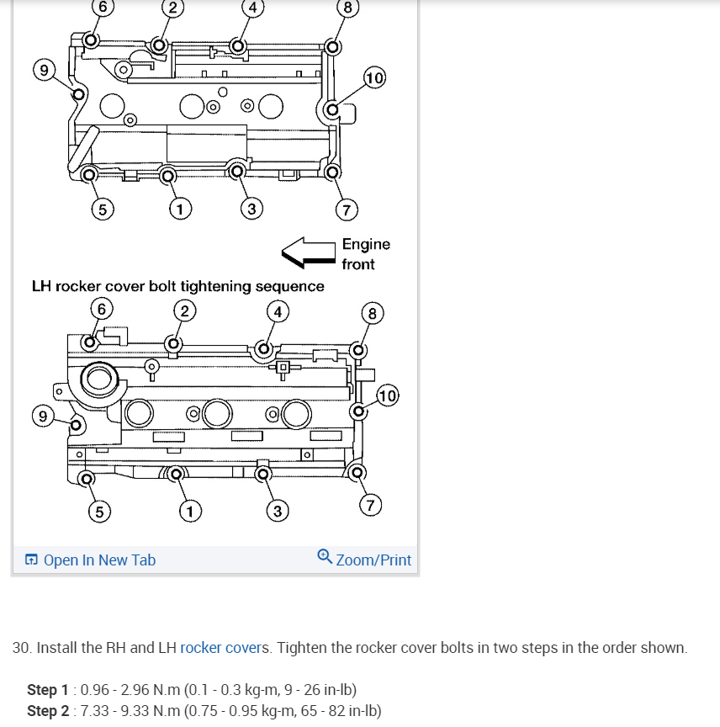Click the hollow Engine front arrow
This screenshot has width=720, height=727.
pyautogui.click(x=308, y=252)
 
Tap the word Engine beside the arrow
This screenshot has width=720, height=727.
pyautogui.click(x=366, y=244)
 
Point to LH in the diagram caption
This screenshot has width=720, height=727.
pyautogui.click(x=42, y=286)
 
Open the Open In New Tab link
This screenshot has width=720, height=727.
pyautogui.click(x=99, y=560)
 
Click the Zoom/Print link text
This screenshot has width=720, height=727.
pyautogui.click(x=373, y=560)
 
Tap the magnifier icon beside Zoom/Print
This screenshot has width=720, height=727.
pyautogui.click(x=325, y=557)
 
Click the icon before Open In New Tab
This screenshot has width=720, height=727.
pyautogui.click(x=31, y=560)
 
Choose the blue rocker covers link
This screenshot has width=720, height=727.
pyautogui.click(x=225, y=648)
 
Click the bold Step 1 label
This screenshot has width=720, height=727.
pyautogui.click(x=47, y=690)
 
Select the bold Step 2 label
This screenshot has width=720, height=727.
pyautogui.click(x=47, y=711)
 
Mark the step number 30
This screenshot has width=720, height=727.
pyautogui.click(x=22, y=648)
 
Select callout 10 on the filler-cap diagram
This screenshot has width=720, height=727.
pyautogui.click(x=388, y=395)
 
